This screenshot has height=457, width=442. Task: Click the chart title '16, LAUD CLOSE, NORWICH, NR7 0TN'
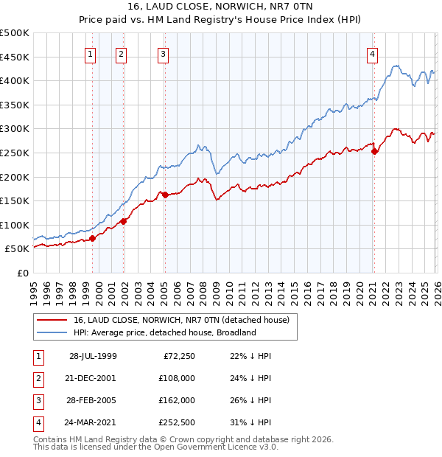220,8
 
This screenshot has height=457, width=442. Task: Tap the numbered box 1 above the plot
90,53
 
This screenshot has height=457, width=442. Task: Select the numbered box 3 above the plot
162,53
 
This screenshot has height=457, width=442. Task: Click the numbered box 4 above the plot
373,53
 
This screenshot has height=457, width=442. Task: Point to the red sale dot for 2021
374,151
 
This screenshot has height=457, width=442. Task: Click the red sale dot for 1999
93,238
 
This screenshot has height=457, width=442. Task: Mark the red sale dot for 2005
165,195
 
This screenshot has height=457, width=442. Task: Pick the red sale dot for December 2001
124,221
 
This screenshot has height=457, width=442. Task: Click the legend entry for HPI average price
164,332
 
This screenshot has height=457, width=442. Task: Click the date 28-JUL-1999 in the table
93,356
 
